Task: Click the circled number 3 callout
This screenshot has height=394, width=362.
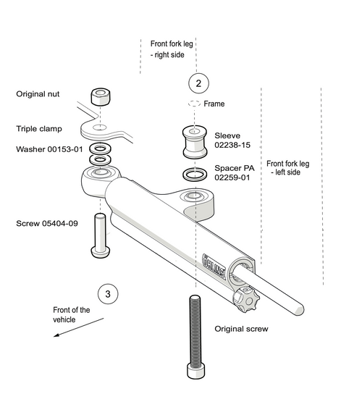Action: [x=108, y=294]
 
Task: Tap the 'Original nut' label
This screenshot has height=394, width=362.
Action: [x=43, y=94]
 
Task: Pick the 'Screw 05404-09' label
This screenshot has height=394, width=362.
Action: [x=46, y=223]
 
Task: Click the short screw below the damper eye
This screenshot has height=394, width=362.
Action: [x=99, y=235]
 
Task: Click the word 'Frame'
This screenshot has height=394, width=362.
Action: [x=214, y=104]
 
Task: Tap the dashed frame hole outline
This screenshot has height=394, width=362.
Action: [x=193, y=104]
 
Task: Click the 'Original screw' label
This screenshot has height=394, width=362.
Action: [x=241, y=329]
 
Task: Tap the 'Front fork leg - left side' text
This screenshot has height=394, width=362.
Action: [x=290, y=168]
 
